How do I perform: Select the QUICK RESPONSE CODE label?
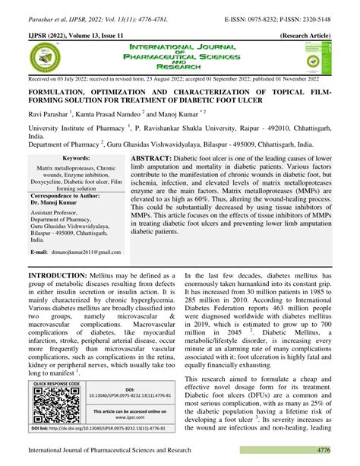coord(53,384)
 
